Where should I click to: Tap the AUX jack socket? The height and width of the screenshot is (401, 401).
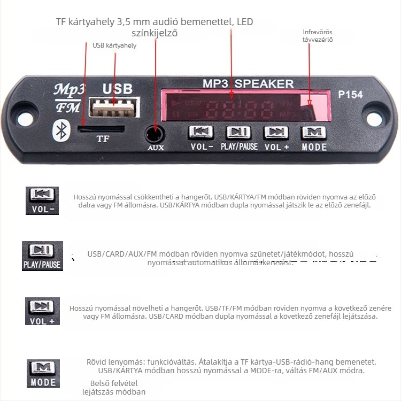(156, 133)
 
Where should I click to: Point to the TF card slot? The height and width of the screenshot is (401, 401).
(101, 128)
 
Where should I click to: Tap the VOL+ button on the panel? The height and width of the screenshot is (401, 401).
(276, 133)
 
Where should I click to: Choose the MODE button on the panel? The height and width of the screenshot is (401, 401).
(314, 133)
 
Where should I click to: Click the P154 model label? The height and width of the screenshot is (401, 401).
(351, 95)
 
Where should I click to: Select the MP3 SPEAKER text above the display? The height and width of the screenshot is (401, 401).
(248, 83)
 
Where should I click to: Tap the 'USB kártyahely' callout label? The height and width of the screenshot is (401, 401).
(114, 45)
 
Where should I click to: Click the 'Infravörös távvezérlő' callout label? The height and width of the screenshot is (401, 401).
(318, 35)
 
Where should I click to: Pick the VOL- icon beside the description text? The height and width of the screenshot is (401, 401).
(42, 200)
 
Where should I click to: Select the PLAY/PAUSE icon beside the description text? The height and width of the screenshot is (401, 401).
(42, 256)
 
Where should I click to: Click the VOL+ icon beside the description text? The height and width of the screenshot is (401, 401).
(42, 311)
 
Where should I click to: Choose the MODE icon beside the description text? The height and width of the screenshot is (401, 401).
(43, 373)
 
